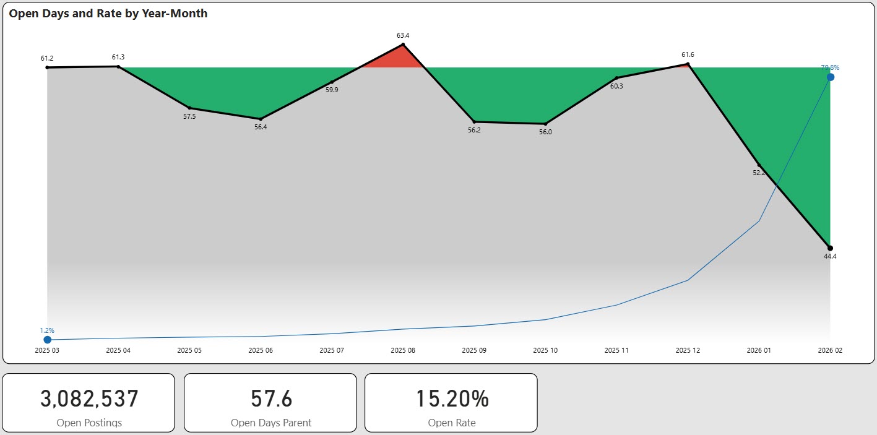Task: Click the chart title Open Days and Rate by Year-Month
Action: click(108, 14)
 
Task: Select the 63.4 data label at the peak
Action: click(403, 35)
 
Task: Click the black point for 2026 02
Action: click(830, 248)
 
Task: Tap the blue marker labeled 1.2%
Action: click(47, 340)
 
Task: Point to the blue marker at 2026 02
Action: click(831, 77)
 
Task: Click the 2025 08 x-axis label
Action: click(403, 350)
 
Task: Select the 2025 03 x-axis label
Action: click(47, 350)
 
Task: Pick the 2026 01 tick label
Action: click(759, 350)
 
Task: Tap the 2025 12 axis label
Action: click(688, 350)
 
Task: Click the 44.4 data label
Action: click(830, 256)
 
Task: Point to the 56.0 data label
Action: click(545, 132)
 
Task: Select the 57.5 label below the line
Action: click(189, 116)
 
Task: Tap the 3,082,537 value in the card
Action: click(89, 399)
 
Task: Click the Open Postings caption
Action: click(89, 423)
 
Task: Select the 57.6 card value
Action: click(271, 399)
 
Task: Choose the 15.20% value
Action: click(451, 399)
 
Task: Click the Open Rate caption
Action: click(451, 423)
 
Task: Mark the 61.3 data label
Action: click(118, 58)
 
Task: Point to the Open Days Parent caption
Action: click(271, 423)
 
